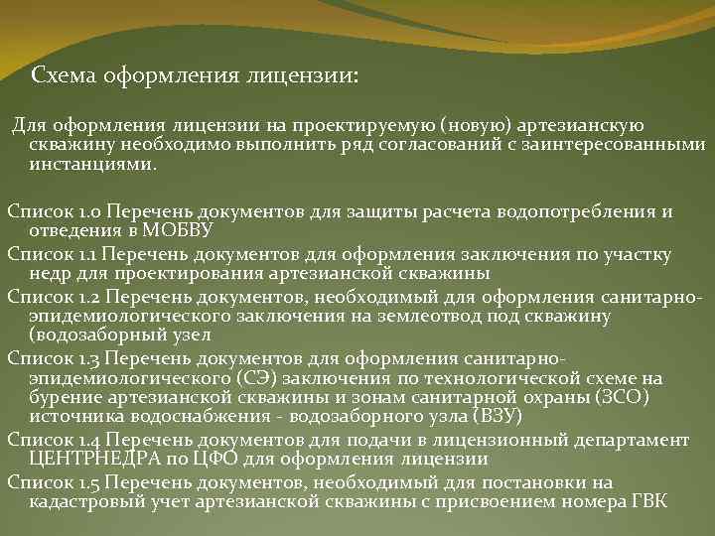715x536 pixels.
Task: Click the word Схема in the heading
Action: pyautogui.click(x=61, y=75)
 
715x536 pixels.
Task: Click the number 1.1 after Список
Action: pyautogui.click(x=89, y=254)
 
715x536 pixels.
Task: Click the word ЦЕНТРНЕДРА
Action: pyautogui.click(x=92, y=459)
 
